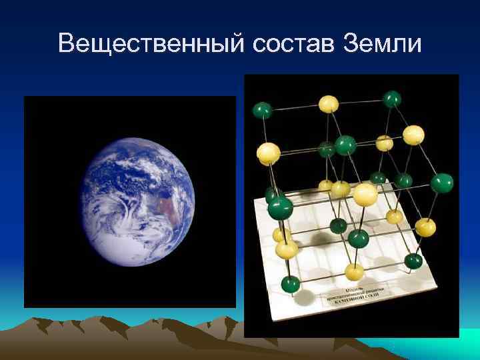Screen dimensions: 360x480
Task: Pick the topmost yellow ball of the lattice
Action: (328, 103)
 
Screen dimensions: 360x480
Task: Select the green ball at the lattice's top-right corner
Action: (392, 99)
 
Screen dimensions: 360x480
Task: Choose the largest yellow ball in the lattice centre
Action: (365, 194)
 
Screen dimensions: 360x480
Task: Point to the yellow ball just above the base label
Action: (354, 271)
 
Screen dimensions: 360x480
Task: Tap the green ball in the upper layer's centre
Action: (345, 144)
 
